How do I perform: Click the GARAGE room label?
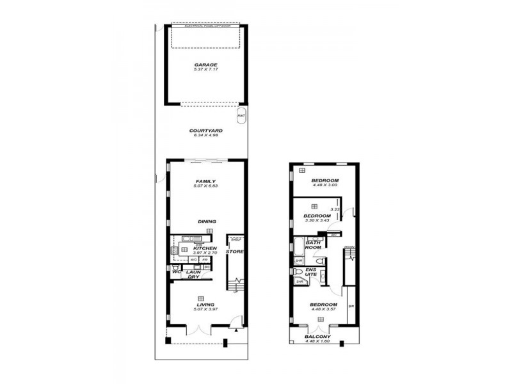pos(206,65)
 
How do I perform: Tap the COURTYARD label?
pos(206,130)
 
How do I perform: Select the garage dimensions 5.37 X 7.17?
pos(206,70)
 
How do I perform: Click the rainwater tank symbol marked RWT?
pos(241,116)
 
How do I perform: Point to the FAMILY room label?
pos(206,181)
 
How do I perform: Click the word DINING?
pos(207,221)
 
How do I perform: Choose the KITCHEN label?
pos(205,248)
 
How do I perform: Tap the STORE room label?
pos(234,252)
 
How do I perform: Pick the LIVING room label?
pos(206,305)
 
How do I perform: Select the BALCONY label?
pos(318,337)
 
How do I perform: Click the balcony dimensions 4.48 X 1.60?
pos(318,342)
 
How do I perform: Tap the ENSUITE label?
pos(310,273)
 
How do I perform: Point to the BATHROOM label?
pos(313,245)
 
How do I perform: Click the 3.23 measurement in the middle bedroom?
pos(334,209)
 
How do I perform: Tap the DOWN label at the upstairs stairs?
pos(349,247)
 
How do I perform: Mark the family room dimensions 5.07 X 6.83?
pos(206,186)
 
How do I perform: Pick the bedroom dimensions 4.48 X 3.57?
pos(323,310)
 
